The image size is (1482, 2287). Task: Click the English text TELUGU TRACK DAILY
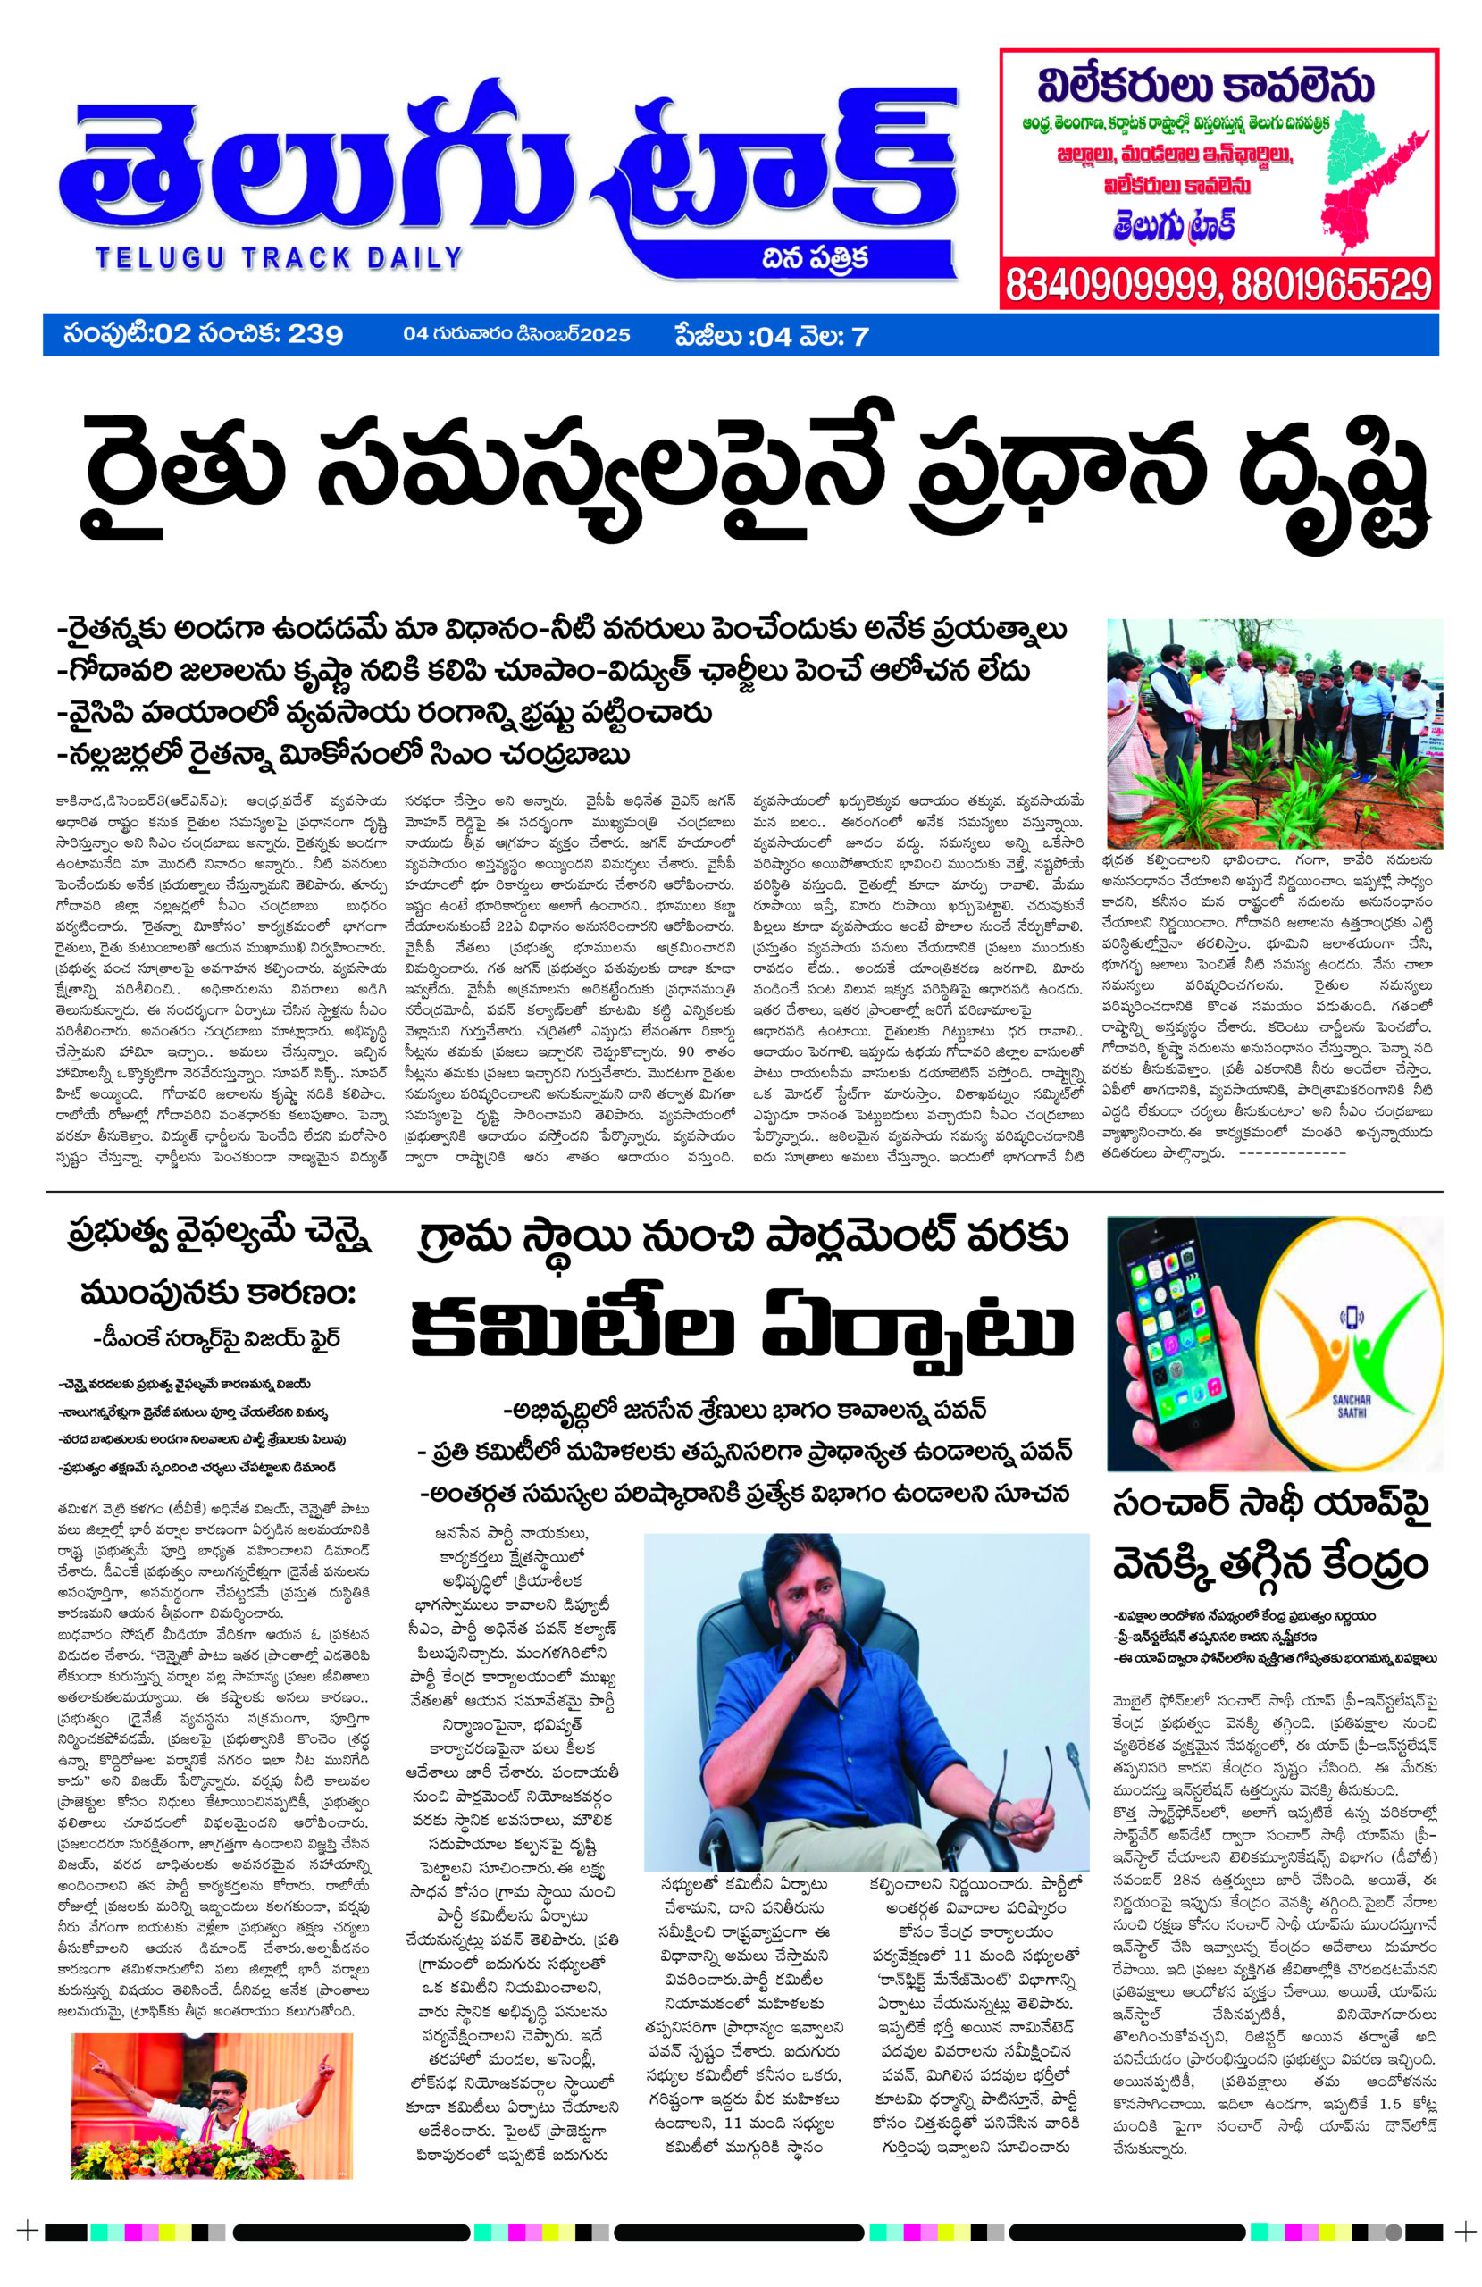pos(279,257)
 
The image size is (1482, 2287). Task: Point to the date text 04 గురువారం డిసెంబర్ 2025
pos(516,335)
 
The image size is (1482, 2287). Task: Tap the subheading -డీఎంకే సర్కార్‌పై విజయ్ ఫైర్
pos(216,1337)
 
